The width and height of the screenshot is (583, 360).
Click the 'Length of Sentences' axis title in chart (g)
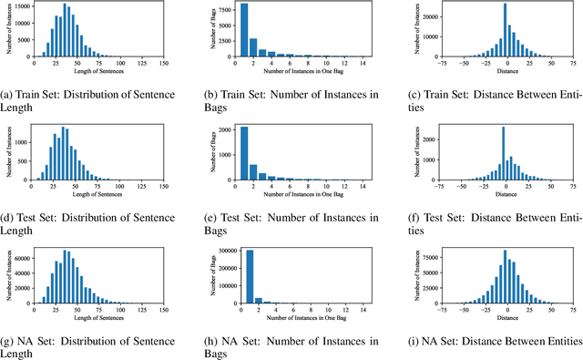point(97,318)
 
